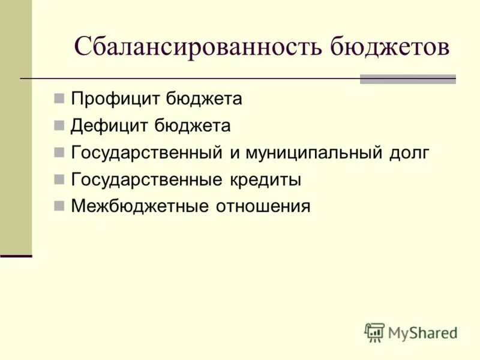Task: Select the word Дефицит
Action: pos(109,126)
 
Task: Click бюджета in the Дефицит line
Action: pos(192,126)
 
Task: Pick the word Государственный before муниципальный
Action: pos(146,153)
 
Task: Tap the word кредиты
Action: pos(264,179)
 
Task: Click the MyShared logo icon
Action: pos(374,332)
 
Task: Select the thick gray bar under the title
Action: pos(407,79)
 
